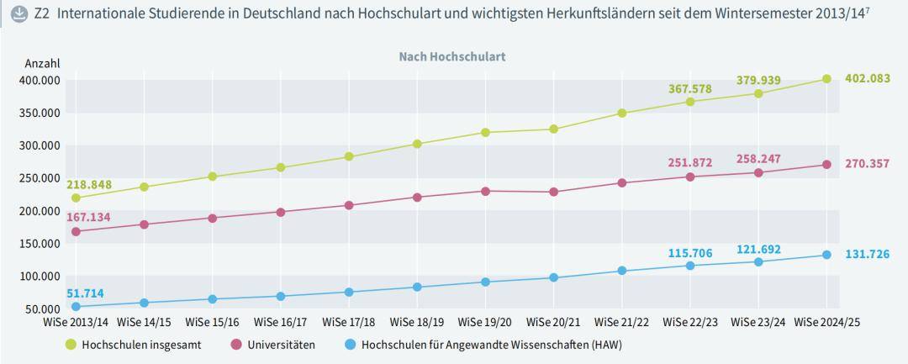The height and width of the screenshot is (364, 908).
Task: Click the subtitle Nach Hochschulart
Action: (451, 56)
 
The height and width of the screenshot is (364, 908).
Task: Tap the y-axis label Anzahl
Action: (42, 64)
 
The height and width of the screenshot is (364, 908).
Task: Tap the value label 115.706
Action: (690, 252)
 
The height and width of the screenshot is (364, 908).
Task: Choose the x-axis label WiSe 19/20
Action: (485, 322)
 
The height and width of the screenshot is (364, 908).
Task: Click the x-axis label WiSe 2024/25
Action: (827, 322)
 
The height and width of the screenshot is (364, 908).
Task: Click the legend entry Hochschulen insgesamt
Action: (141, 345)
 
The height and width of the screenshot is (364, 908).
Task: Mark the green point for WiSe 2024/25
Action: (826, 79)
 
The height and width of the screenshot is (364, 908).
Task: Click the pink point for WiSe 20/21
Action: (553, 192)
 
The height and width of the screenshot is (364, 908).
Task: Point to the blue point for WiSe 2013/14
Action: (76, 307)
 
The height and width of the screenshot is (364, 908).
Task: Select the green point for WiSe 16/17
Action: (280, 167)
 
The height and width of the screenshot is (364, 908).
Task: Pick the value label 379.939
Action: (758, 80)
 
